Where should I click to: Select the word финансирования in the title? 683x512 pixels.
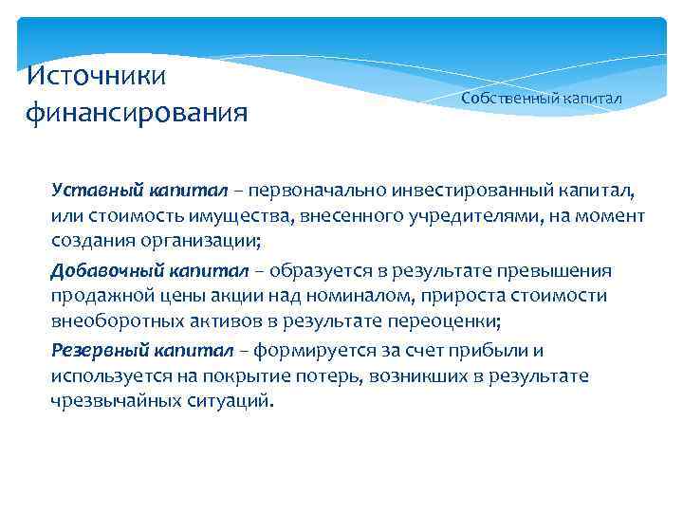click(137, 114)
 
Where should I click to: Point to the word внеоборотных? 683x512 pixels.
click(106, 321)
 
